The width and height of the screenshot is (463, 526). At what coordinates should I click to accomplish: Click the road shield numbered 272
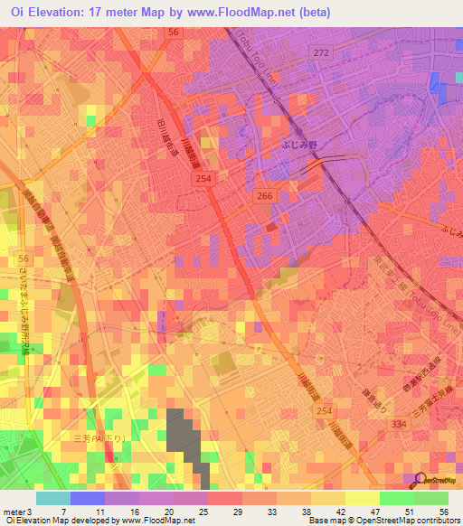322,54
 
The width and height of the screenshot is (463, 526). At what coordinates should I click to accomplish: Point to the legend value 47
350,512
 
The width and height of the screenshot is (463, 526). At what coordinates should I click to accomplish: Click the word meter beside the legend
14,512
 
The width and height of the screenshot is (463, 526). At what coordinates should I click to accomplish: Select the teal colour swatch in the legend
52,498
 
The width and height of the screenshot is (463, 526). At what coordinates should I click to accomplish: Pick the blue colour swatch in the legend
87,498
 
